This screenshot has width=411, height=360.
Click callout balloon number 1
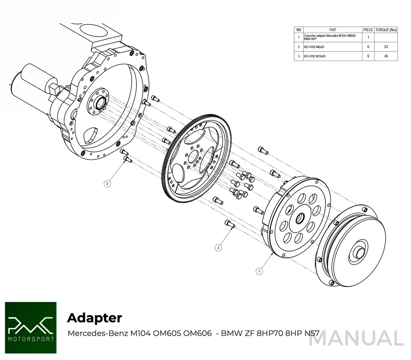coord(259,272)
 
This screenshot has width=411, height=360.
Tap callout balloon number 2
coord(107,184)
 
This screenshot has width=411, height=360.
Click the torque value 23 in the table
coord(385,47)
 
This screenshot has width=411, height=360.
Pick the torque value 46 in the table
coord(385,57)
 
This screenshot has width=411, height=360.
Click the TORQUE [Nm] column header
coord(386,30)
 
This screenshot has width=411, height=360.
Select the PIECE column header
coord(368,30)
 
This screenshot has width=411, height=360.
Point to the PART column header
coord(332,30)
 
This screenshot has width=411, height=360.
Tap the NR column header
coord(299,30)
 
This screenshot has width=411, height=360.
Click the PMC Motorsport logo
coord(31,328)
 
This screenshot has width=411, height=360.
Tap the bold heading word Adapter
coord(94,318)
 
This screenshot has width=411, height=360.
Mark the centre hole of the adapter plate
coord(299,219)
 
